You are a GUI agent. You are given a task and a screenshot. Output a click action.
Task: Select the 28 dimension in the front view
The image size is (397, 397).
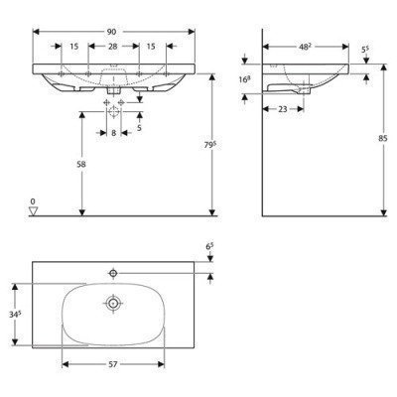114,47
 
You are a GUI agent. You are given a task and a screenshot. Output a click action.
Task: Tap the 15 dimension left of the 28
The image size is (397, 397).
74,47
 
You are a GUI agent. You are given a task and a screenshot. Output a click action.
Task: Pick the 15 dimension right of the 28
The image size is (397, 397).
151,47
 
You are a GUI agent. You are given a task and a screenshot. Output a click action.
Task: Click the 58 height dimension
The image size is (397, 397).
66,164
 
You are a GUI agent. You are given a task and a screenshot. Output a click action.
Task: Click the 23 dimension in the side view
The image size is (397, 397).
284,108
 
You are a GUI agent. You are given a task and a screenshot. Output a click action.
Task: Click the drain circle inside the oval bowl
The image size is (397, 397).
115,304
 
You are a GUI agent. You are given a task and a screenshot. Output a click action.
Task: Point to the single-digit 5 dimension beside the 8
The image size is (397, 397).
139,128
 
